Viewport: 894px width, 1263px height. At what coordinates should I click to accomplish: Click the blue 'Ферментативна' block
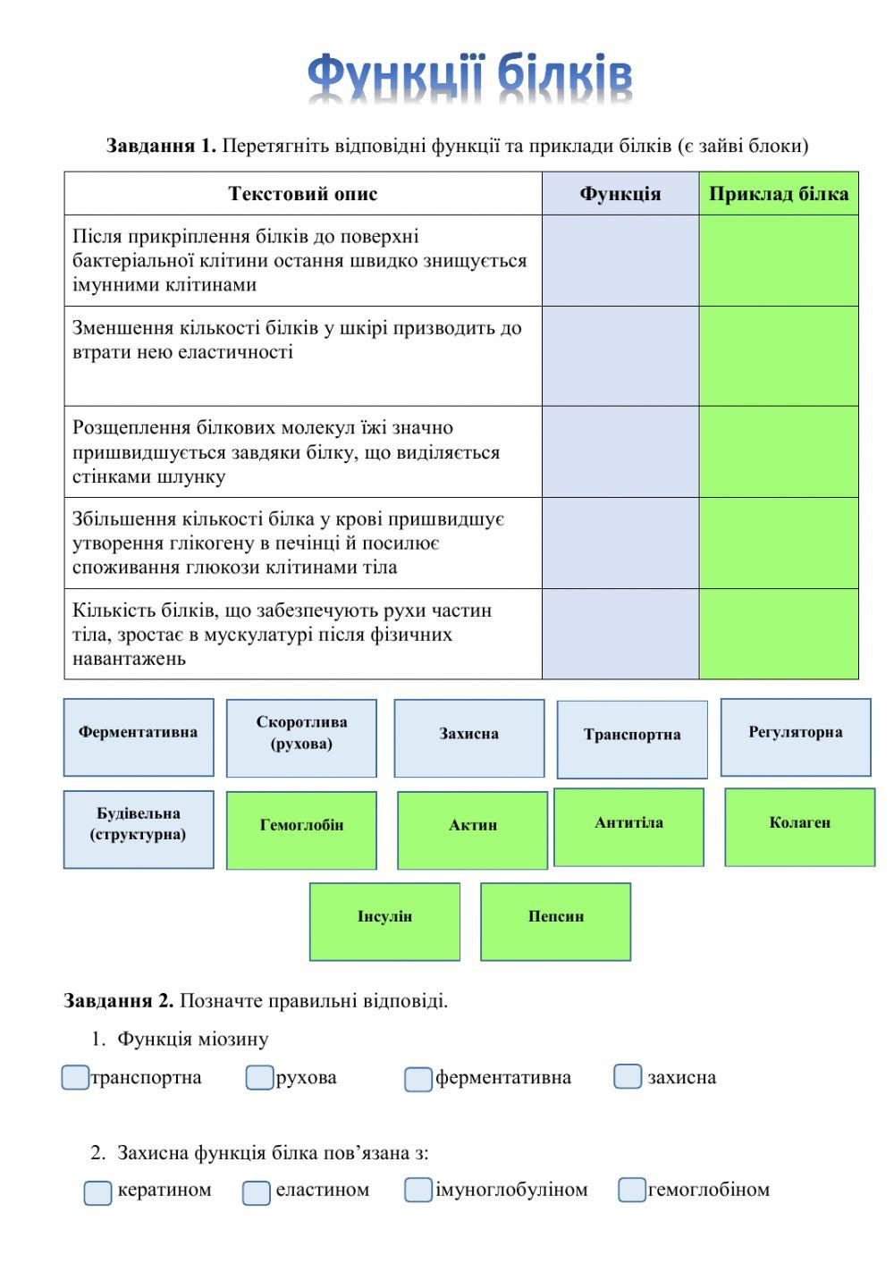click(x=139, y=737)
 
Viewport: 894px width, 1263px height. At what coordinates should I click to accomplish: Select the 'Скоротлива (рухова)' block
click(x=301, y=738)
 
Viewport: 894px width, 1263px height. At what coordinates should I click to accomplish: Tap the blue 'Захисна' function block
click(x=469, y=738)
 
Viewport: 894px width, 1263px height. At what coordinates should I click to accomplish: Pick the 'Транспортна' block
click(x=632, y=739)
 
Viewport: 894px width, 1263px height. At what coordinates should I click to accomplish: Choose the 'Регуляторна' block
click(x=796, y=737)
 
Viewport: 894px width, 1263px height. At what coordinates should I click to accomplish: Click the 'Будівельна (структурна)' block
click(x=139, y=829)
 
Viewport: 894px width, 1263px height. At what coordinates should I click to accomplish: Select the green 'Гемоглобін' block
click(x=301, y=830)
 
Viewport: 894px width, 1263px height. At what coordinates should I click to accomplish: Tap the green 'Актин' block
click(x=472, y=830)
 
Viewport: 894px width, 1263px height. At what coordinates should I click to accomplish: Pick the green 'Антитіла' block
click(x=628, y=828)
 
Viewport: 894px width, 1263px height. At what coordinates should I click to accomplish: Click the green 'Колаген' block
click(x=799, y=828)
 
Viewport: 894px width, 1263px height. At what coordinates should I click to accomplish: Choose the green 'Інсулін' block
click(x=384, y=922)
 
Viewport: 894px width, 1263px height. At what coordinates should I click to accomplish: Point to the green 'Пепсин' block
click(x=555, y=922)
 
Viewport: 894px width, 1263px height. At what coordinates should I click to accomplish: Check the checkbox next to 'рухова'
click(x=259, y=1078)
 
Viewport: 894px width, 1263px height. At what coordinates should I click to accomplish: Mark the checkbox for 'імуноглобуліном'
click(x=418, y=1190)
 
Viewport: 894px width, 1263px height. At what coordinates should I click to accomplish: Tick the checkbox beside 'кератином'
click(x=97, y=1192)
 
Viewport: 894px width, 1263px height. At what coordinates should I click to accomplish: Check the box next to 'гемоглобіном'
click(x=632, y=1190)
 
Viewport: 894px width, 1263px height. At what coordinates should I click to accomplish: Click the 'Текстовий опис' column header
click(x=303, y=194)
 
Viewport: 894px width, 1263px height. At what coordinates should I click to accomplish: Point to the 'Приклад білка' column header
click(x=779, y=194)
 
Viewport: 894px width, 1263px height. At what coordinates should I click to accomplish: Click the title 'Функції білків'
click(x=470, y=79)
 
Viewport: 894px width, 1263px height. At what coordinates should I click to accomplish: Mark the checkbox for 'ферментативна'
click(x=418, y=1080)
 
